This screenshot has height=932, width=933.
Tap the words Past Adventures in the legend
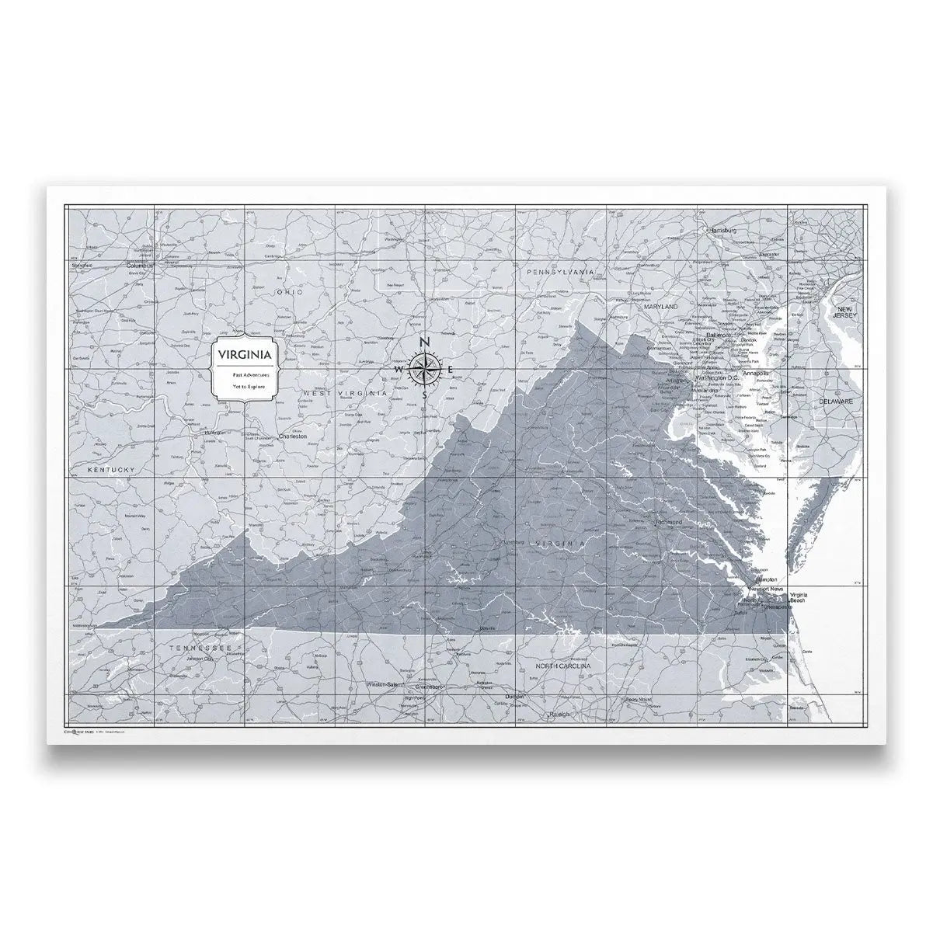coord(245,374)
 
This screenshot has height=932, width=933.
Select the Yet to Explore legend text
coord(245,385)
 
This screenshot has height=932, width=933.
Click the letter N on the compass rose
coord(424,343)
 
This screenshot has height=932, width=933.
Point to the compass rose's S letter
coord(424,395)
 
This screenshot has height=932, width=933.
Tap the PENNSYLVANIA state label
coord(560,273)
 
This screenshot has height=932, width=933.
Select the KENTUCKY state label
coord(112,471)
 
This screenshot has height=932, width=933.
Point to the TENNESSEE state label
coord(197,647)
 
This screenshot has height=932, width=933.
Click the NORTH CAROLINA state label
coord(563,666)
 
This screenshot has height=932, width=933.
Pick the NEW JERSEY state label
coord(844,313)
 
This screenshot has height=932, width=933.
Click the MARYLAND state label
coord(660,307)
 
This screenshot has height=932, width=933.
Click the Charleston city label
coord(292,436)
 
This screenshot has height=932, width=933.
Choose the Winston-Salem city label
coord(386,685)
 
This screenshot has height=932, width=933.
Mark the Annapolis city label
coord(756,374)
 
